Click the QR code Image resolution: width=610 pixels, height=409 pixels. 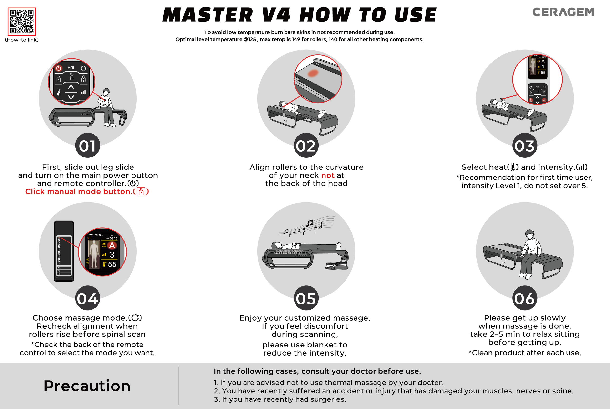coord(22,21)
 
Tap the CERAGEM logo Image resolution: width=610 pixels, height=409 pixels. coord(563,12)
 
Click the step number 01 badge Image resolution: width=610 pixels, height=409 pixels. coord(88,145)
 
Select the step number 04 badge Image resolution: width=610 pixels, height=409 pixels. coord(88,298)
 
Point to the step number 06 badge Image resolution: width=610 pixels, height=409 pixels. coord(525,298)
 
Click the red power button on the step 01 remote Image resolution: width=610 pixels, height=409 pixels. coord(58,68)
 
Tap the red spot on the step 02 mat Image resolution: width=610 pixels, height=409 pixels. coord(313,73)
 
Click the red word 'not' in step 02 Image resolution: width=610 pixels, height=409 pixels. coord(327,175)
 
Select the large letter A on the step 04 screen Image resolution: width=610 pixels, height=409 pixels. coord(112,245)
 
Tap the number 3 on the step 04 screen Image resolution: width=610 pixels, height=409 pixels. coord(112,255)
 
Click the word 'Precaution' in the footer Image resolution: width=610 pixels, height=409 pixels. coord(87,386)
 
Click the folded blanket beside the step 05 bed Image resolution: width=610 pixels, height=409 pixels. coord(336,266)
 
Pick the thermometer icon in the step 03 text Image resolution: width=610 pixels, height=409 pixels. coord(513,167)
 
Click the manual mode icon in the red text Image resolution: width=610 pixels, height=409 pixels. coord(141,192)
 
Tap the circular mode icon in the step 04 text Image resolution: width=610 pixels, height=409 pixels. coord(135,318)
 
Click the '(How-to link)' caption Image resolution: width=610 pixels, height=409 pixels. coord(22,40)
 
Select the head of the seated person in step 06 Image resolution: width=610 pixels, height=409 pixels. coord(529,234)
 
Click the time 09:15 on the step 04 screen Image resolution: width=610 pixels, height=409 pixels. coord(113,238)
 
